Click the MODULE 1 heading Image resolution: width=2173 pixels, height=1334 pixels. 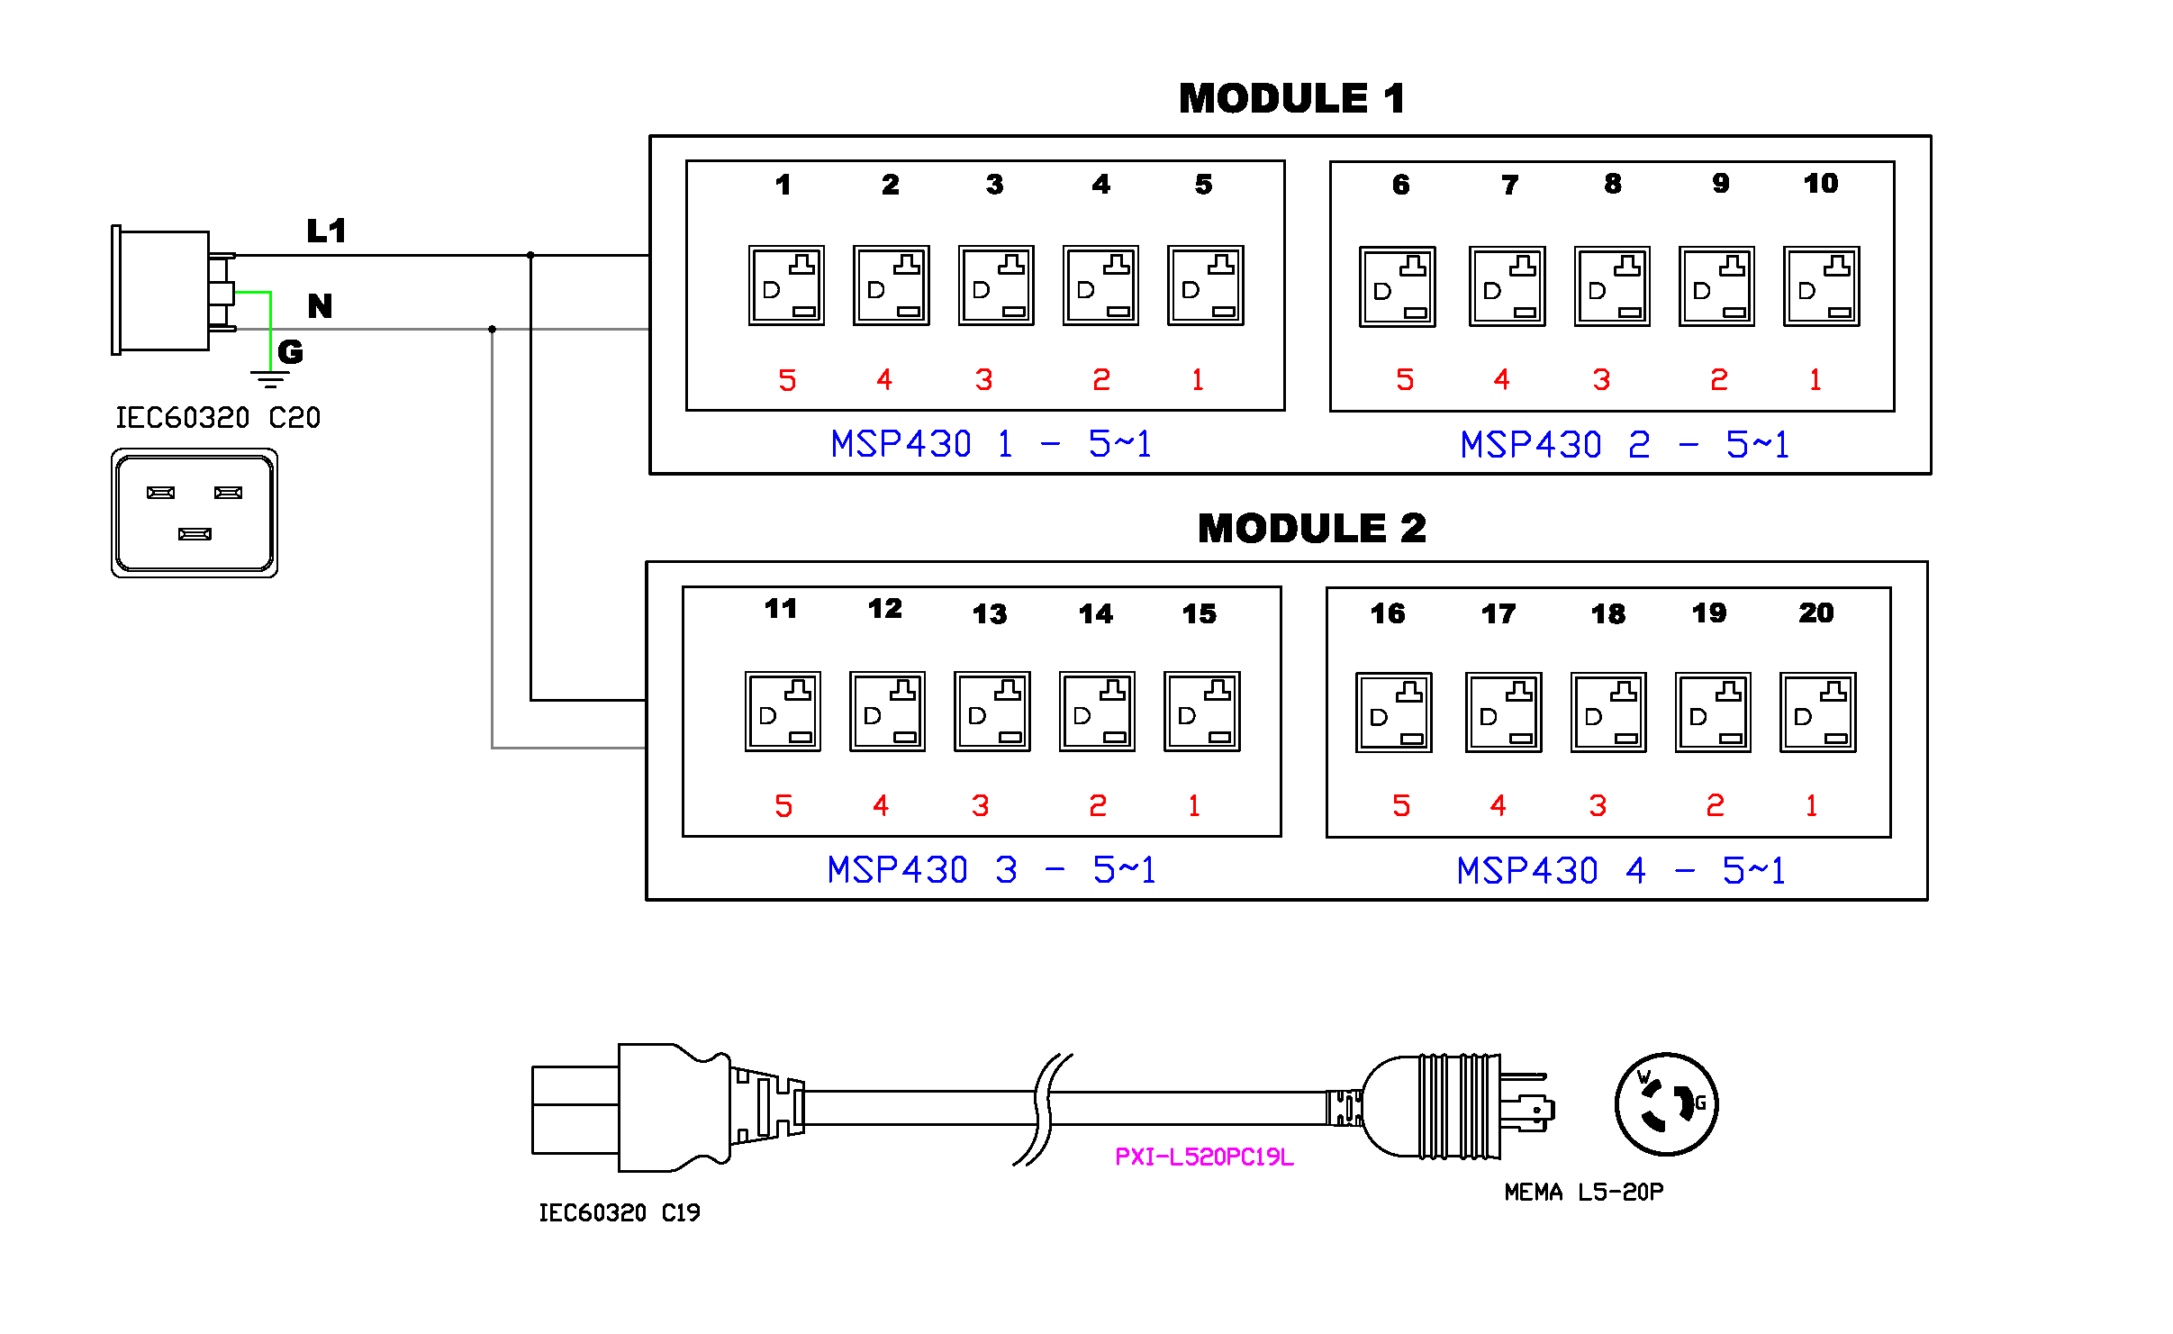point(1291,98)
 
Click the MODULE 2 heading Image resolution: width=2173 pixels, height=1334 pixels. point(1311,528)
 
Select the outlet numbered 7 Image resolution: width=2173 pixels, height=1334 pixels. point(1507,286)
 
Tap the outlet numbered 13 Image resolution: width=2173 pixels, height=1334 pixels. point(991,712)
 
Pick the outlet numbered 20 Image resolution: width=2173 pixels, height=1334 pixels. point(1817,712)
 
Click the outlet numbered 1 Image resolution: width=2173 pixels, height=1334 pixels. point(786,286)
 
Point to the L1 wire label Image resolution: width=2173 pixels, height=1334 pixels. point(326,231)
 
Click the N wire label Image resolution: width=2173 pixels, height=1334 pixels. point(320,306)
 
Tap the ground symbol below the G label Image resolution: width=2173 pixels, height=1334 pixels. point(269,378)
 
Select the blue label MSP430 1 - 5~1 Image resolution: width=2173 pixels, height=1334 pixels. point(991,444)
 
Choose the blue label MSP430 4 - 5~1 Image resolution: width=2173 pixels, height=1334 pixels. point(1620,871)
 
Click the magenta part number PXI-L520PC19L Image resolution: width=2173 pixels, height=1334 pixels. point(1204,1157)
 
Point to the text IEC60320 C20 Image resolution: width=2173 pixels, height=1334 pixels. point(218,418)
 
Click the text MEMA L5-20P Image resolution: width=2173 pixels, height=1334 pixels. point(1583,1193)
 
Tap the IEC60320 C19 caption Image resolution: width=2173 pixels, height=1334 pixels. point(619,1213)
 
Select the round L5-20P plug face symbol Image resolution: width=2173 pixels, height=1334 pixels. point(1666,1104)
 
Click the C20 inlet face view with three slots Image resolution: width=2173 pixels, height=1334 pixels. point(195,513)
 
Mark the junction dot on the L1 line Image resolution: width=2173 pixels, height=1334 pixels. point(530,256)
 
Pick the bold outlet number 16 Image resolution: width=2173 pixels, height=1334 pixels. point(1388,614)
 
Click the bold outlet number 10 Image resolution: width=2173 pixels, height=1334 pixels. point(1820,184)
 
